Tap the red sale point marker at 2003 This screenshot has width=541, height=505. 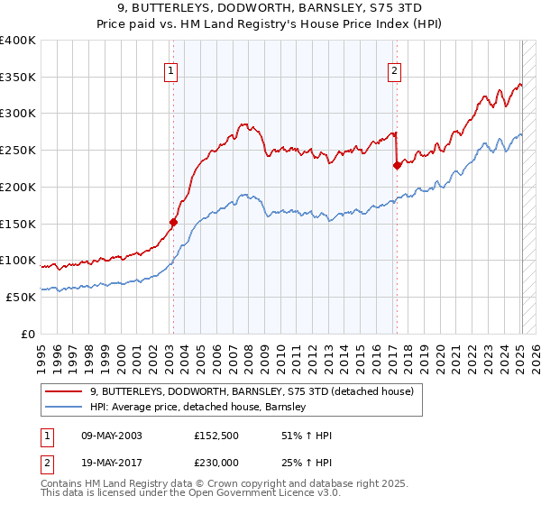tap(173, 221)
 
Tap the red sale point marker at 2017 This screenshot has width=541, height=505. tap(397, 165)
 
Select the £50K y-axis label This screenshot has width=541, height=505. tap(21, 297)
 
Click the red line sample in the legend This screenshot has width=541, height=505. tap(65, 392)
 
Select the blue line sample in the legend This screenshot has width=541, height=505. tap(65, 408)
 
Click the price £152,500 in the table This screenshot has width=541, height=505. tap(217, 436)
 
